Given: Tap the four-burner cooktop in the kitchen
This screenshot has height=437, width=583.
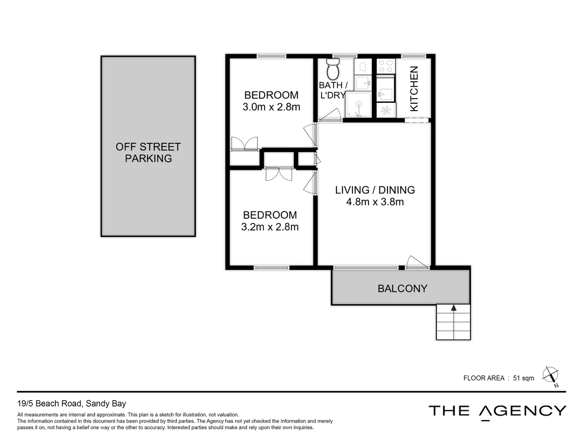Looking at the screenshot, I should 385,66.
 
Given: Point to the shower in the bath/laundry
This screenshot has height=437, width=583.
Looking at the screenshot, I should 358,105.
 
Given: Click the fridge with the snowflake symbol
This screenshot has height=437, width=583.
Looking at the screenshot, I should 386,110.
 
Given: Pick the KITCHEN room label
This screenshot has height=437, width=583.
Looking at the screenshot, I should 414,89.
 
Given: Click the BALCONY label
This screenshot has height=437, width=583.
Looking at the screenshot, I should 402,289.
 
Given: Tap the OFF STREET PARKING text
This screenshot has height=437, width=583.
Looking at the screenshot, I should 148,153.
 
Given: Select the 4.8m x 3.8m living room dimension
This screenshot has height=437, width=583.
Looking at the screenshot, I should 375,202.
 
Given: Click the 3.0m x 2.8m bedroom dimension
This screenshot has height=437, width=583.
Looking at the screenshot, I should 271,107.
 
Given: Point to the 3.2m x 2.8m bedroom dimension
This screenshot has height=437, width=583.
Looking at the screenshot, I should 270,227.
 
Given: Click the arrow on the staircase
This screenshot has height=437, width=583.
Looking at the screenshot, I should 453,308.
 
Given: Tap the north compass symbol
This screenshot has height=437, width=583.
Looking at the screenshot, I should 551,375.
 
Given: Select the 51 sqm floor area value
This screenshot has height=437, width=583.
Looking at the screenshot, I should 523,378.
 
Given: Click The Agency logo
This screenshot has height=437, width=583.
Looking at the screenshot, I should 497,412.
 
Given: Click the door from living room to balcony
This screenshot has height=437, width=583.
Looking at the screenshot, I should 417,262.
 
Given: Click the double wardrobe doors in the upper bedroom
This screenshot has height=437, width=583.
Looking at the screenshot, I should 244,144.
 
